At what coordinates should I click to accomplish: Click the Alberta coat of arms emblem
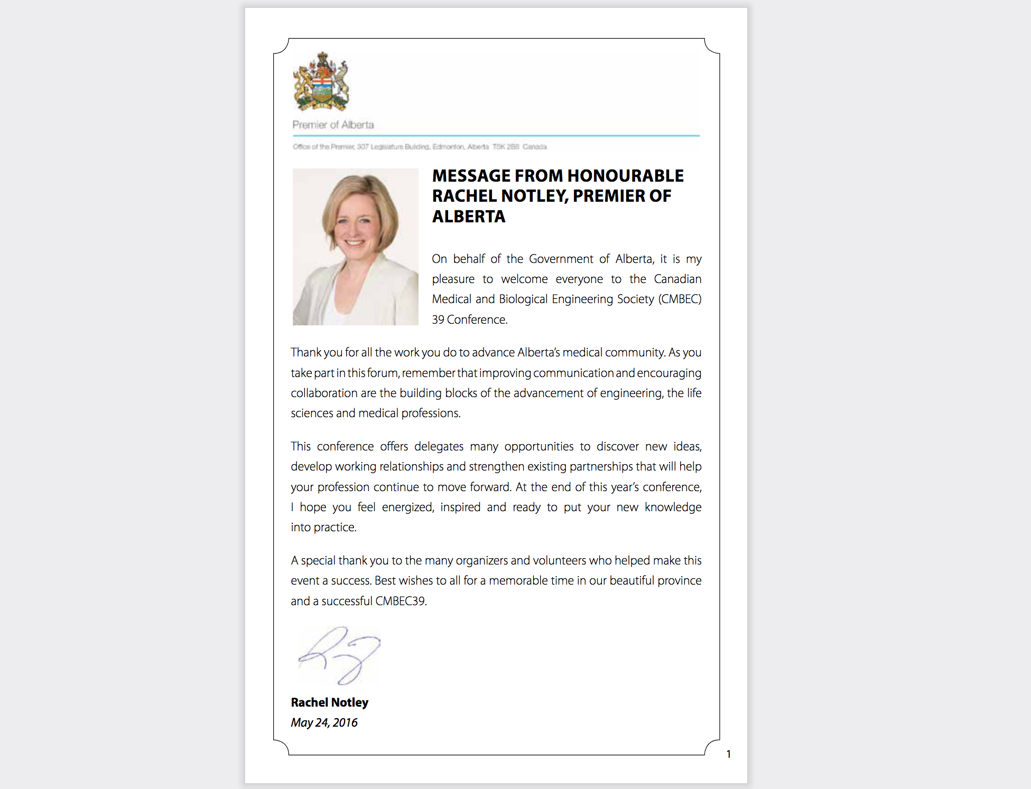[321, 82]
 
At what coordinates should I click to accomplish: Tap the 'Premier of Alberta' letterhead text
[333, 125]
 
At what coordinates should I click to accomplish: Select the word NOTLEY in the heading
[534, 196]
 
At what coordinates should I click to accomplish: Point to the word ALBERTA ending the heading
[469, 217]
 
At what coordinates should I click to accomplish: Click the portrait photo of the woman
[355, 247]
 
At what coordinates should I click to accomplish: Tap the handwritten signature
[339, 655]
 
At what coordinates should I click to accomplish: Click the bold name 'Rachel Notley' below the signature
[329, 702]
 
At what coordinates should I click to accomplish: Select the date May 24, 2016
[324, 722]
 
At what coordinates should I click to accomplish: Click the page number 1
[728, 754]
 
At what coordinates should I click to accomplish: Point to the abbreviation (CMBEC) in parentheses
[680, 299]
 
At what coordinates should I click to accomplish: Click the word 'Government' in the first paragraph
[561, 259]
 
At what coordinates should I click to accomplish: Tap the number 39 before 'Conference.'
[438, 320]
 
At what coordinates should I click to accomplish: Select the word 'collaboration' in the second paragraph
[324, 393]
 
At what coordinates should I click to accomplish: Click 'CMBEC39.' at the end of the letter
[401, 602]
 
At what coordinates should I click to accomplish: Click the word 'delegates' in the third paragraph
[439, 447]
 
